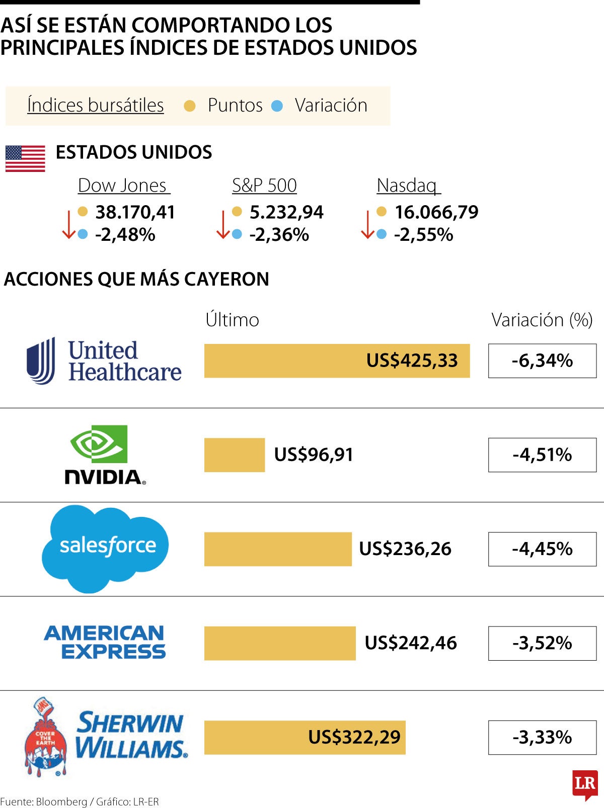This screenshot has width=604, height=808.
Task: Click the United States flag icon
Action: click(25, 158)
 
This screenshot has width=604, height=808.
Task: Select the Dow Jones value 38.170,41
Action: click(135, 212)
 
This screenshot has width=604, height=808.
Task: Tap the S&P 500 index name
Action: click(264, 186)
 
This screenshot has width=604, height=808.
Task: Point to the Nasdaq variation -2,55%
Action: click(423, 235)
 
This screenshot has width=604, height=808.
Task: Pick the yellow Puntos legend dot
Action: click(190, 106)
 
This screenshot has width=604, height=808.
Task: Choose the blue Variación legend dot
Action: click(277, 106)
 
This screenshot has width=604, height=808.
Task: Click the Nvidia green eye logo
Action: click(99, 443)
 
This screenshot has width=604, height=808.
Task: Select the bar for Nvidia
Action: click(235, 455)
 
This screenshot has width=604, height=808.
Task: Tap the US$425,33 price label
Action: click(412, 361)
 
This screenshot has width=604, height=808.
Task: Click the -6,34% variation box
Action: click(542, 361)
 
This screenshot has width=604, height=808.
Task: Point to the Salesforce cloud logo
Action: click(106, 548)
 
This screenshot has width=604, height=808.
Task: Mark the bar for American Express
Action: click(280, 643)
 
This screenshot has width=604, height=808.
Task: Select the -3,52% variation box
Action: click(542, 643)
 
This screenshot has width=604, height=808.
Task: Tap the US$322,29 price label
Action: click(354, 737)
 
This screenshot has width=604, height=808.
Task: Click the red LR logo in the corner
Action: click(584, 784)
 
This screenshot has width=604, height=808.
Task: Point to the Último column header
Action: click(232, 320)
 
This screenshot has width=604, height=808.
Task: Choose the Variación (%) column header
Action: click(542, 320)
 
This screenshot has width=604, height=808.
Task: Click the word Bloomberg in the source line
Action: click(61, 801)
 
